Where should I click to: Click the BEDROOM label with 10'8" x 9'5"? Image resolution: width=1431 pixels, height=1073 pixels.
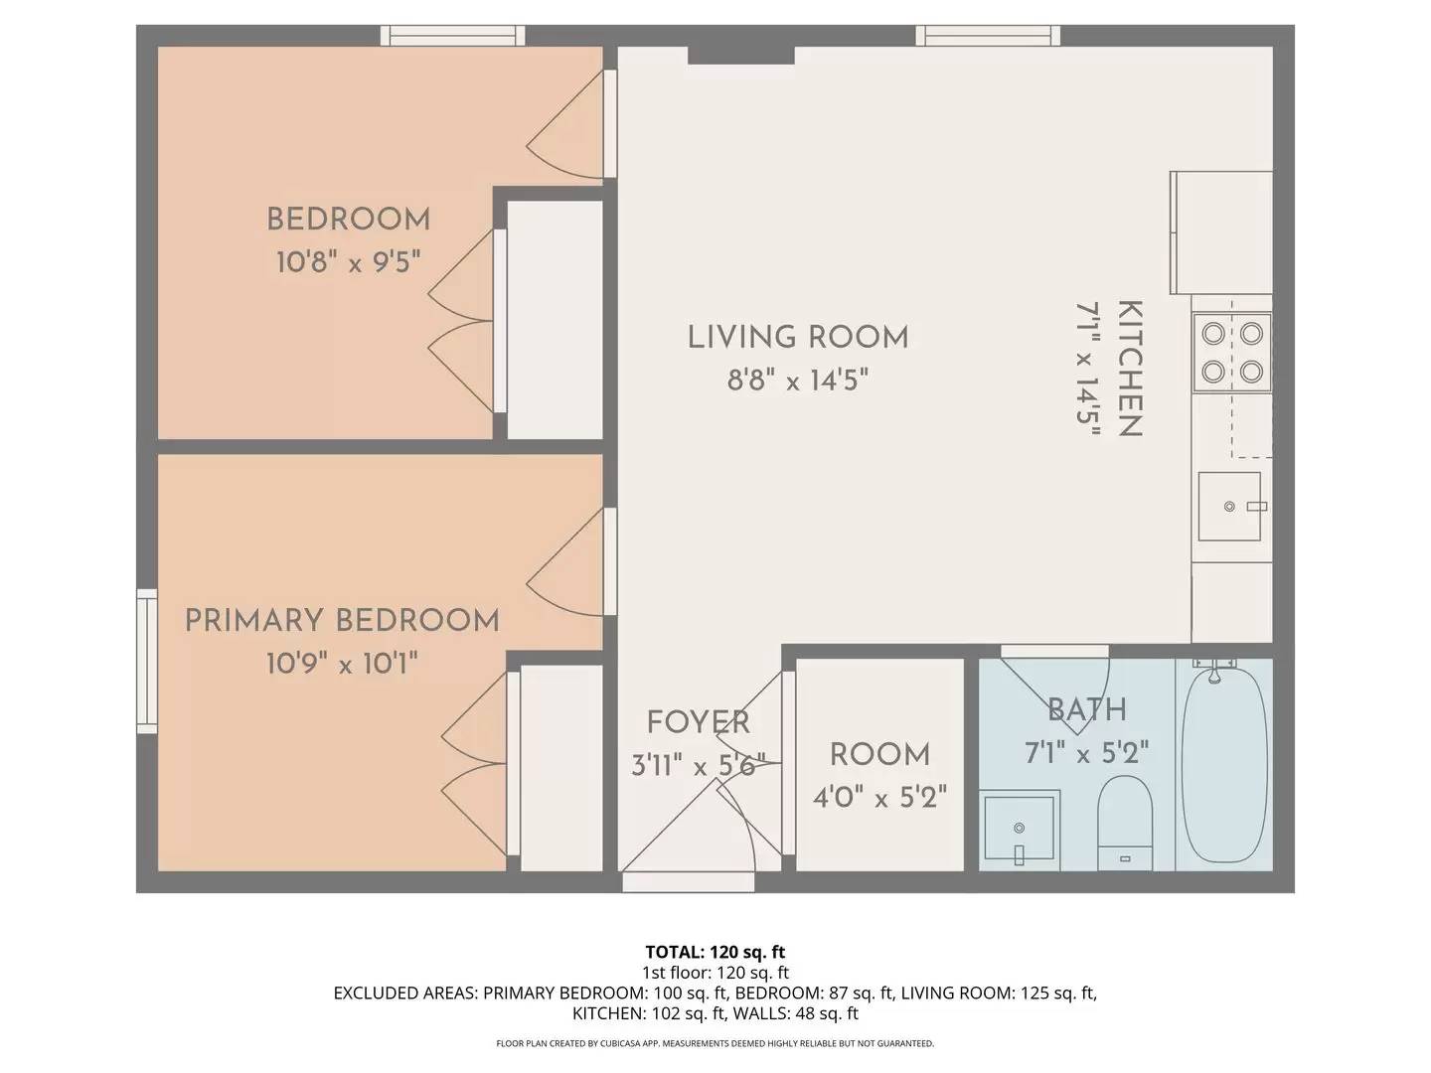pyautogui.click(x=348, y=220)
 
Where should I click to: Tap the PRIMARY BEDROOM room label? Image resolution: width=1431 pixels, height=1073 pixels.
pyautogui.click(x=342, y=621)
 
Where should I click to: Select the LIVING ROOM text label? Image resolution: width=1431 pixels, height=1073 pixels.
pyautogui.click(x=798, y=338)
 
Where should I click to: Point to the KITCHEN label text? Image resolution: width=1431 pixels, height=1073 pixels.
pyautogui.click(x=1130, y=369)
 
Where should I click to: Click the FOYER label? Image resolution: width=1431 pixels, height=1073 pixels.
pyautogui.click(x=698, y=722)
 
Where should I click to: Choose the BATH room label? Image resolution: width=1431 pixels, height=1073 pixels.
pyautogui.click(x=1087, y=709)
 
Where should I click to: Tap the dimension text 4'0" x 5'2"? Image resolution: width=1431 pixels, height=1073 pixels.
pyautogui.click(x=879, y=797)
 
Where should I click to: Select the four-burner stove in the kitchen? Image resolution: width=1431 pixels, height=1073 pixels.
pyautogui.click(x=1231, y=352)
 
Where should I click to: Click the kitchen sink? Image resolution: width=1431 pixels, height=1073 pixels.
pyautogui.click(x=1229, y=507)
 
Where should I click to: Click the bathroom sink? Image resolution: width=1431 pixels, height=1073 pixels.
pyautogui.click(x=1019, y=827)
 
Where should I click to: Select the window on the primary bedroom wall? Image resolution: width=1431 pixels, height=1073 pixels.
pyautogui.click(x=147, y=661)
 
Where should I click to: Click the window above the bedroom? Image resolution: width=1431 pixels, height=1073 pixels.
pyautogui.click(x=453, y=36)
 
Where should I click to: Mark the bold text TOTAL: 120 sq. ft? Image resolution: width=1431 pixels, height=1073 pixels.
pyautogui.click(x=715, y=952)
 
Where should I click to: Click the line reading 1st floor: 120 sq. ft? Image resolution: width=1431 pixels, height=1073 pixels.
pyautogui.click(x=715, y=973)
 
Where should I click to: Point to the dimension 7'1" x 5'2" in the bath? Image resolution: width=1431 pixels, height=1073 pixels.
pyautogui.click(x=1086, y=752)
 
